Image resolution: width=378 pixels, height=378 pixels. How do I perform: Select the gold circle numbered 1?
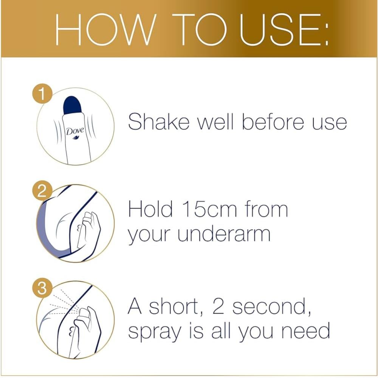coord(42,94)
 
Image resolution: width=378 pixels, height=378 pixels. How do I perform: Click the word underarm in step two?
coord(224,234)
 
